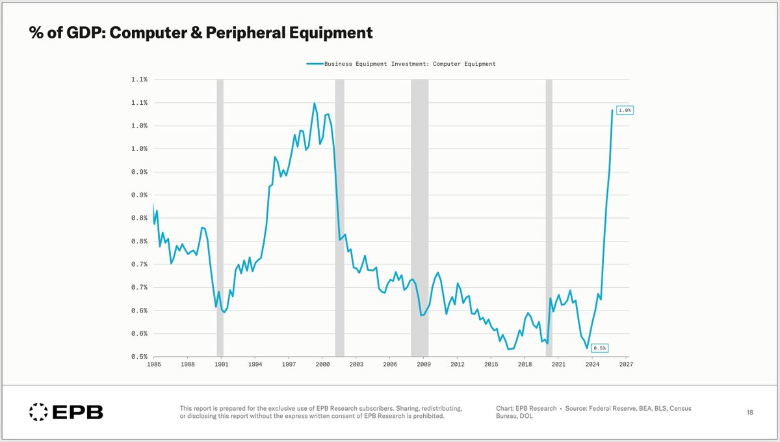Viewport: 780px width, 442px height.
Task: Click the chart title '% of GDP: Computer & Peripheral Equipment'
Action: point(201,33)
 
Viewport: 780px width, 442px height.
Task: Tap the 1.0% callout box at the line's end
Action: point(624,110)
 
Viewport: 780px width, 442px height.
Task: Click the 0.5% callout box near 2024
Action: point(600,348)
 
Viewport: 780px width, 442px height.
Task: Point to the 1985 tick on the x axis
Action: point(154,365)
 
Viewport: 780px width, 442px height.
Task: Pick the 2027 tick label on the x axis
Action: point(626,365)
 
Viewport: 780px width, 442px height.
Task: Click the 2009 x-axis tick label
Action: point(424,365)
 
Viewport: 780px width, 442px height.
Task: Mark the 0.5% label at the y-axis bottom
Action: point(139,357)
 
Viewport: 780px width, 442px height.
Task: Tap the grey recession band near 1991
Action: point(220,215)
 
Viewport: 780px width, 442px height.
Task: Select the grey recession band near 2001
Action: point(339,215)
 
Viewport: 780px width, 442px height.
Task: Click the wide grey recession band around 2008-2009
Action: point(419,215)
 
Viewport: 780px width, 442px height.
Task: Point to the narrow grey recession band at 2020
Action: point(549,215)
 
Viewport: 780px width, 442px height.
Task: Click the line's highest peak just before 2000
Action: point(315,103)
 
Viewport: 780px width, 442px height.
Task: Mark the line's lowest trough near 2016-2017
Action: point(508,350)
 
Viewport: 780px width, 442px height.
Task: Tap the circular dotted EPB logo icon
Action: point(38,411)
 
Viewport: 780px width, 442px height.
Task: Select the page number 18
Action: point(749,412)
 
